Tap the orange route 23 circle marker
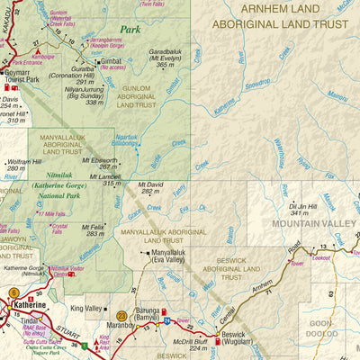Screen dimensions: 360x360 [x=121, y=316]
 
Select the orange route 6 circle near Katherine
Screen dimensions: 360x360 [x=13, y=292]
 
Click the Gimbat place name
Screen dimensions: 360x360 [x=112, y=62]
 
